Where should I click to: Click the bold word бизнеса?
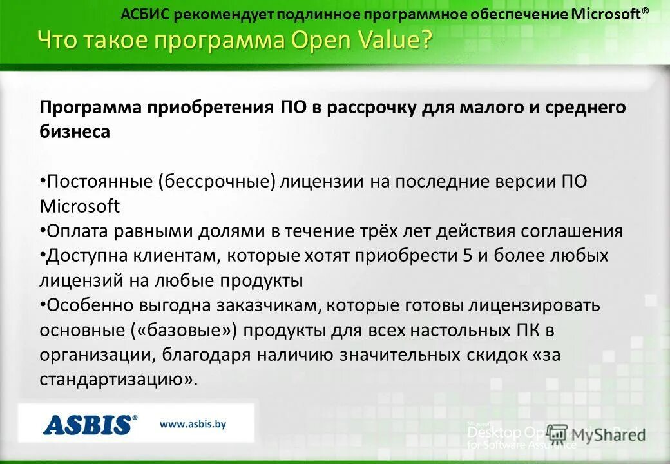click(x=75, y=132)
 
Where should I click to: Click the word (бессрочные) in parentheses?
click(x=218, y=182)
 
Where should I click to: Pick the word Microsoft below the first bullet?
click(x=80, y=206)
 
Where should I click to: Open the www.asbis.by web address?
click(x=193, y=424)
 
